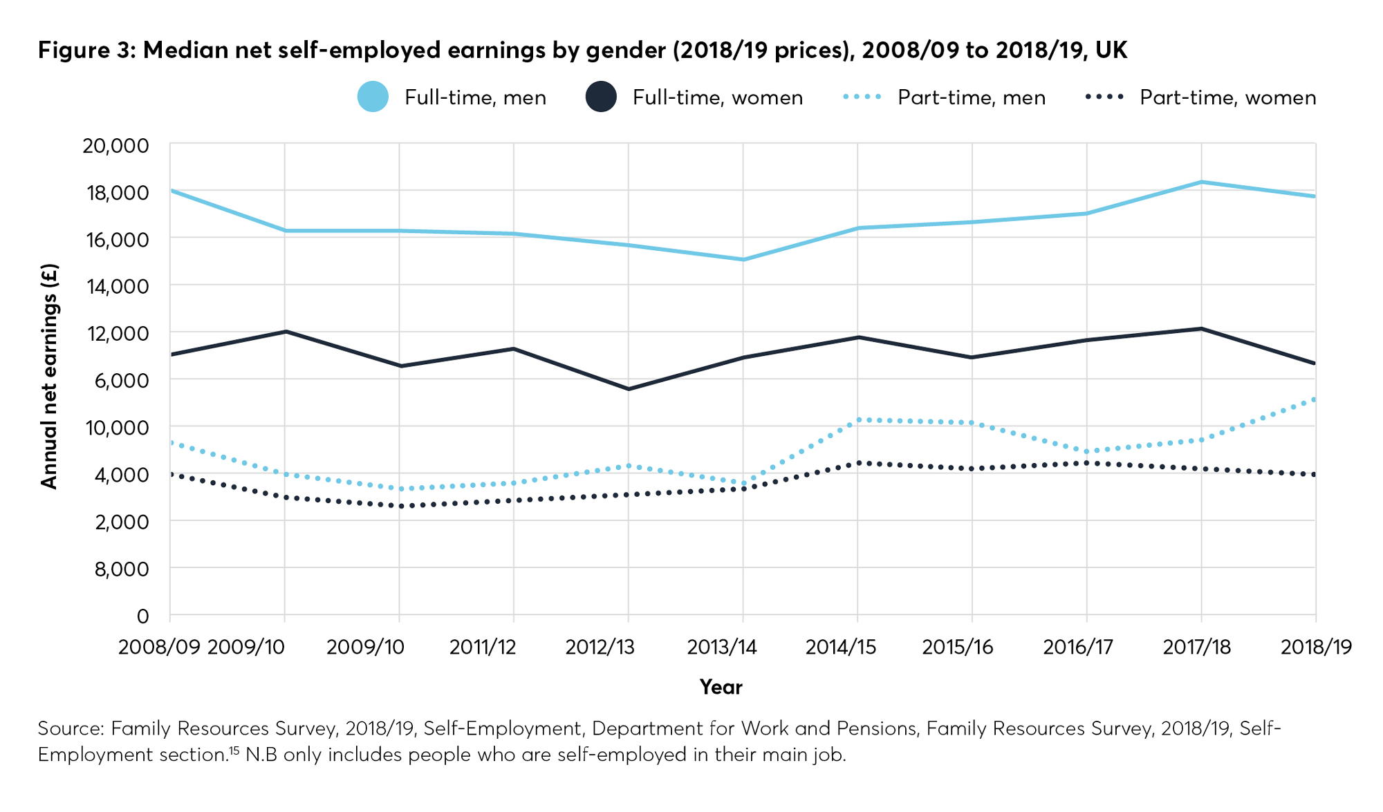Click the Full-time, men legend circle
(x=373, y=97)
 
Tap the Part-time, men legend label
(x=971, y=97)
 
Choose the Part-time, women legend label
(x=1227, y=97)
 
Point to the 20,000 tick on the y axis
(x=116, y=146)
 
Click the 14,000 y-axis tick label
(x=116, y=286)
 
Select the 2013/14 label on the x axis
(x=721, y=648)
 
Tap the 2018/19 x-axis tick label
(x=1316, y=648)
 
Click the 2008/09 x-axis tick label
(x=160, y=648)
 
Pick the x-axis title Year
(x=721, y=687)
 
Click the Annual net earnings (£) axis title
(x=49, y=377)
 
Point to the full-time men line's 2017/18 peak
(x=1201, y=182)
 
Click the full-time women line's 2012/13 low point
(x=629, y=389)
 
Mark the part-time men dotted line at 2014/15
(x=857, y=419)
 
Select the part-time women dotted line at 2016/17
(x=1087, y=463)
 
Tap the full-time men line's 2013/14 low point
(x=743, y=260)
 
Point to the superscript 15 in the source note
(x=234, y=750)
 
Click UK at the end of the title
(x=1111, y=50)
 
